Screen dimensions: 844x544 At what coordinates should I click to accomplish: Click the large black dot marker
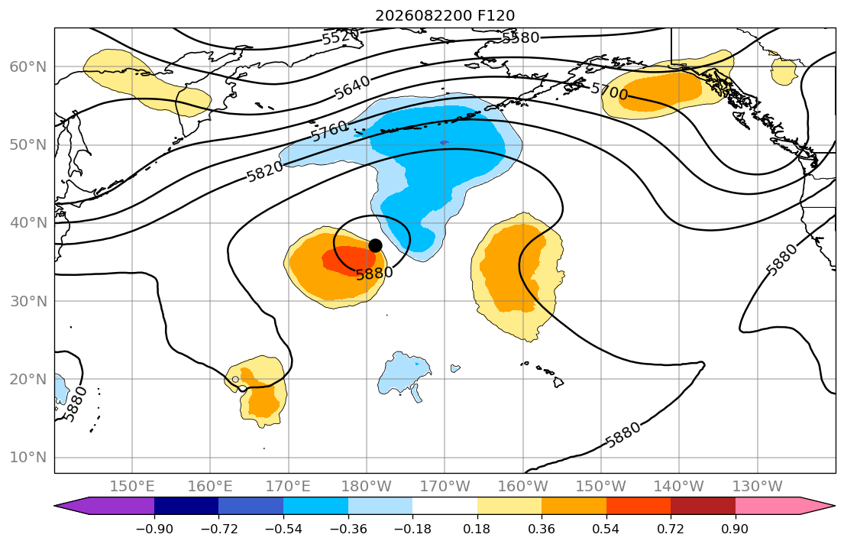click(x=375, y=245)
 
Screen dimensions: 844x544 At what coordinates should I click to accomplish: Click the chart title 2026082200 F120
click(x=445, y=15)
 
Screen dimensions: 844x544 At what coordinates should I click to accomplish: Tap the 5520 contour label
click(x=340, y=37)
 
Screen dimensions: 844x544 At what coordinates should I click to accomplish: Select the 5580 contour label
click(x=520, y=37)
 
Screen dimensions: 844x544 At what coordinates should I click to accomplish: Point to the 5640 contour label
click(x=353, y=87)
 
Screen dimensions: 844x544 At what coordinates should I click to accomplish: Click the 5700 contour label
click(x=610, y=91)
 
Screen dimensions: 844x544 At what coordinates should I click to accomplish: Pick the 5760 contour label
click(x=329, y=131)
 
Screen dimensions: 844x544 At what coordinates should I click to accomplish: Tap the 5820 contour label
click(x=265, y=171)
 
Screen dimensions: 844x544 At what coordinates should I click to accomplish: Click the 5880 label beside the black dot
click(x=374, y=273)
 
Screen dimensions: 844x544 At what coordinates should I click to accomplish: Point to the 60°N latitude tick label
click(x=28, y=66)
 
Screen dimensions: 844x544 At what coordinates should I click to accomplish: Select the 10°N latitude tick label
click(x=28, y=458)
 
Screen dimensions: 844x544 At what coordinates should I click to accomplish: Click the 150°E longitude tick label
click(x=132, y=487)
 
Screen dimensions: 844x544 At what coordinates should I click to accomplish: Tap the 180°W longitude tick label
click(x=367, y=487)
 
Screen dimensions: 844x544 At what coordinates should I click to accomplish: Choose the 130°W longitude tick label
click(x=758, y=487)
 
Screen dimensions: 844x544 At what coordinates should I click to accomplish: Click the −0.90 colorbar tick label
click(x=154, y=529)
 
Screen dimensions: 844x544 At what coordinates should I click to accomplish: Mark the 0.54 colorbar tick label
click(x=606, y=529)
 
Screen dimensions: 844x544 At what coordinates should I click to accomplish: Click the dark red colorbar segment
click(x=703, y=506)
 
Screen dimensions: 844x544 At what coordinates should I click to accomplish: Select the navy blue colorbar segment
click(x=186, y=506)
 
